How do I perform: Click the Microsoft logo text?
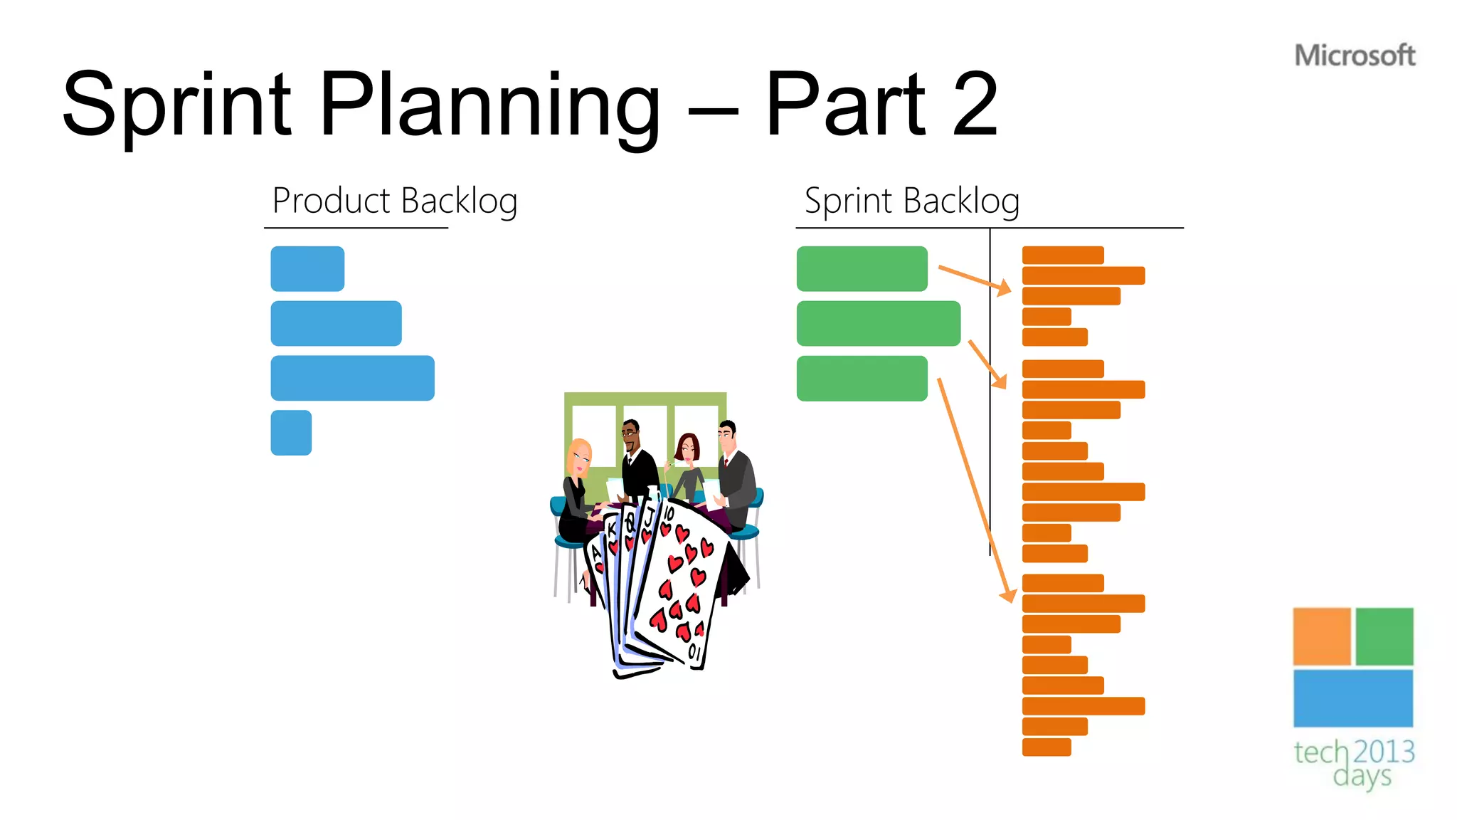click(x=1355, y=56)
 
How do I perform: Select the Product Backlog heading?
click(x=395, y=201)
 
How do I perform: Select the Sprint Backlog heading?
click(x=912, y=201)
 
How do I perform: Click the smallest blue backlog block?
click(x=291, y=433)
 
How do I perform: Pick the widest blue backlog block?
click(x=352, y=378)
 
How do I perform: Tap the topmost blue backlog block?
click(x=307, y=268)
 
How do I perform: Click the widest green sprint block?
click(x=879, y=323)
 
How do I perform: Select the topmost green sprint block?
click(x=862, y=268)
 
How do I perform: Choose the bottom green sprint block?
click(x=862, y=378)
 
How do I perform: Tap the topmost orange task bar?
click(x=1063, y=255)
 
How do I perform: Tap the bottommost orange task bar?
click(x=1047, y=747)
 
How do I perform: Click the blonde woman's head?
click(x=580, y=456)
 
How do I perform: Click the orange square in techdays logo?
click(x=1322, y=636)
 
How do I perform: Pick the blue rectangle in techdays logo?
click(x=1353, y=698)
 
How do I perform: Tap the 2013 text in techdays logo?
click(x=1384, y=752)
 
